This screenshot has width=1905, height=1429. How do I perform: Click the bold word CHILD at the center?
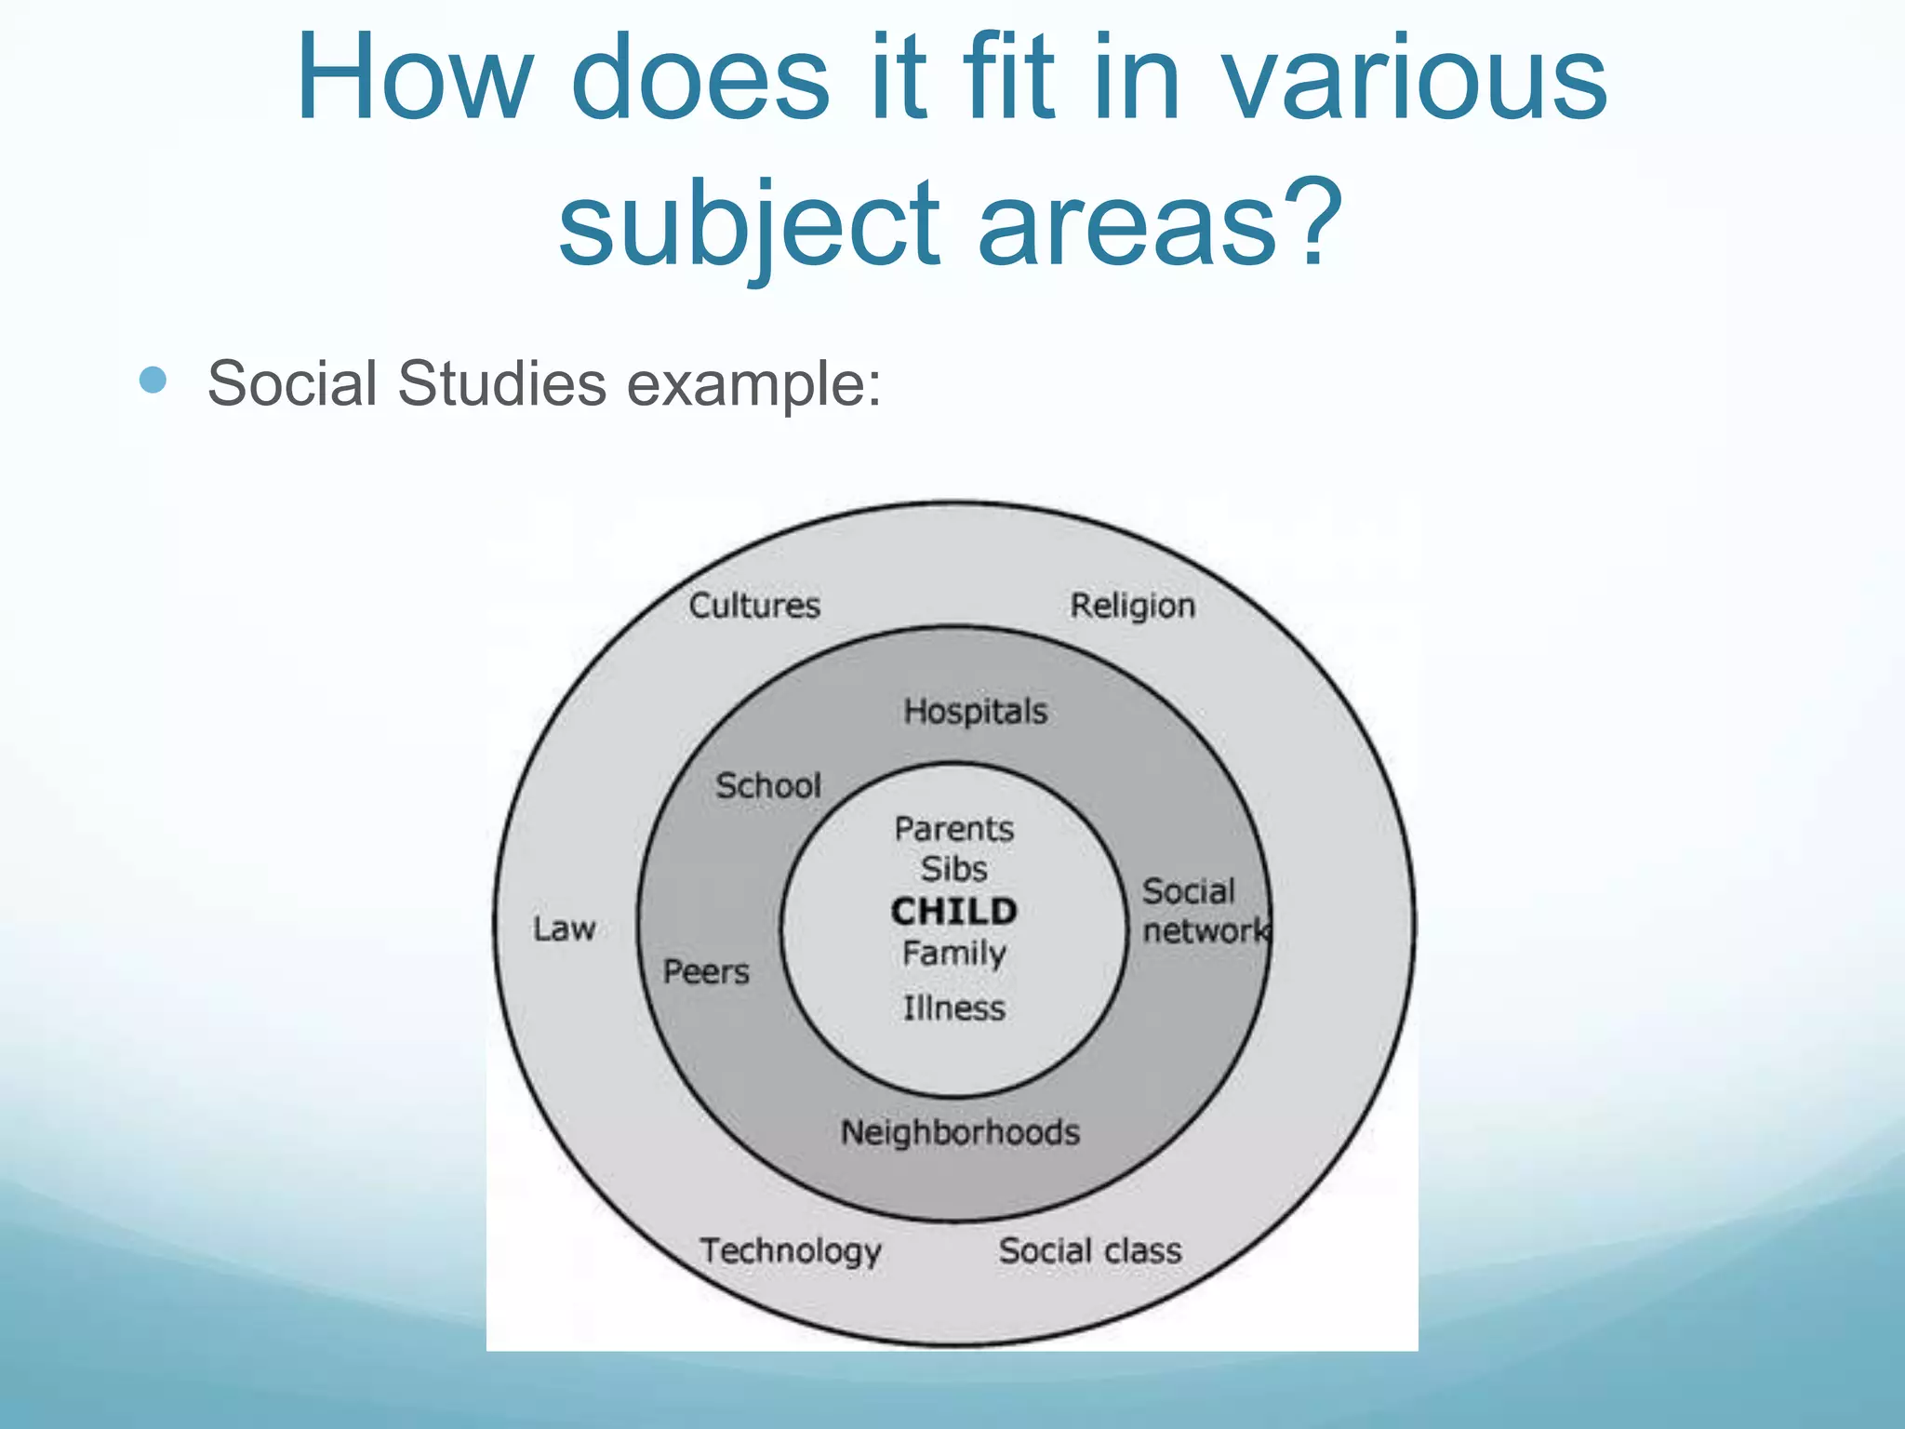point(954,911)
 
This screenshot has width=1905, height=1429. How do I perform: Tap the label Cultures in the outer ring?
point(754,606)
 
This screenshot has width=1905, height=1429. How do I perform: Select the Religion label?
point(1132,606)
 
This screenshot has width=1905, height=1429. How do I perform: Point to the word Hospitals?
point(975,712)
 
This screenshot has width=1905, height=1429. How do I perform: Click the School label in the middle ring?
point(768,786)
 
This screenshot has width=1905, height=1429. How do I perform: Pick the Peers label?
point(706,972)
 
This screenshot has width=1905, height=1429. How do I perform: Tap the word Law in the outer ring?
point(564,928)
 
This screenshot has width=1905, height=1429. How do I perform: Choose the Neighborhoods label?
point(960,1132)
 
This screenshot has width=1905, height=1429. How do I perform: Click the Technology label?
point(791,1251)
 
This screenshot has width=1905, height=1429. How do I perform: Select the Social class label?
point(1090,1250)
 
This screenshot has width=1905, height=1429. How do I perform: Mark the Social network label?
point(1202,911)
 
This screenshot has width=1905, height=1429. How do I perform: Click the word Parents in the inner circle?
point(954,829)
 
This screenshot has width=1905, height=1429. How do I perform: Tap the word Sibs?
point(954,869)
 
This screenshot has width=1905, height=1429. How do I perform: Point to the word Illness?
point(954,1008)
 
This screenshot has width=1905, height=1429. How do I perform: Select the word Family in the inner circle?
point(954,954)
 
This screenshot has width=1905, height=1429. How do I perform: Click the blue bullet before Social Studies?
point(153,380)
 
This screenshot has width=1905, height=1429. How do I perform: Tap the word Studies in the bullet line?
point(501,383)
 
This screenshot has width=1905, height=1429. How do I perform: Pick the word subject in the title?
point(749,223)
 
